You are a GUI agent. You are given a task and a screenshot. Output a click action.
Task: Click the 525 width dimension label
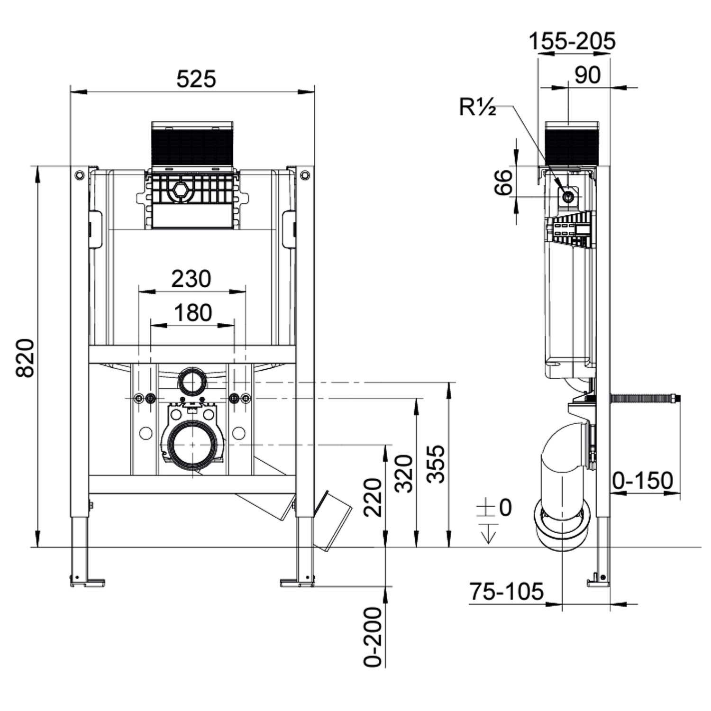coord(196,79)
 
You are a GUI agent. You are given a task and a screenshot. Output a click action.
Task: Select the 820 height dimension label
coord(25,358)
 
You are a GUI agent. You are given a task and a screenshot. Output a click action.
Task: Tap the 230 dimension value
coord(191,279)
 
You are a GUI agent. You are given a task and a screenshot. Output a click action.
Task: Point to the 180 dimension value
coord(192,313)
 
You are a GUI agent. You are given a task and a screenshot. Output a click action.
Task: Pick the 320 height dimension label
coord(404,473)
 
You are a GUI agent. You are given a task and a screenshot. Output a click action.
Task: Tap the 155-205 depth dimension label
coord(572,41)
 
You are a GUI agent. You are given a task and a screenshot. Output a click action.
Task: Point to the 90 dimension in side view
coord(587,75)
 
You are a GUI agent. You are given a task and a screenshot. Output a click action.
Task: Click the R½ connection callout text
coord(477,107)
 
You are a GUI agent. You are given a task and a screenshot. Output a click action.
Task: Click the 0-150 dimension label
coord(643,481)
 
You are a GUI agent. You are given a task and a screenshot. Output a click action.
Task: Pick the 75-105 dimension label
coord(506,592)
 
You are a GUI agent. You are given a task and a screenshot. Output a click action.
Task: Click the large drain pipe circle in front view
coord(193,445)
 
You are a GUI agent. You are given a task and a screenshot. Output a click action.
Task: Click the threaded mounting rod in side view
coord(645,399)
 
